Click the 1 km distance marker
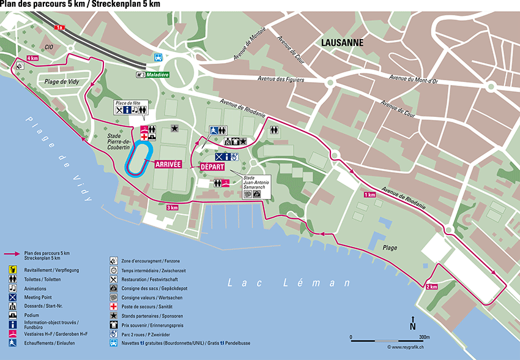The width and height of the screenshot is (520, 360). click(370, 194)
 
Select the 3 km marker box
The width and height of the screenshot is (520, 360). click(173, 208)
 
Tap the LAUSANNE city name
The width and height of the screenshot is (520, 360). click(342, 43)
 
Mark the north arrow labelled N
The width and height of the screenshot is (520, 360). click(413, 323)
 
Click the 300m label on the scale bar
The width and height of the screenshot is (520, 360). click(423, 337)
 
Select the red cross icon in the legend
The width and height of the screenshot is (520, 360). click(114, 306)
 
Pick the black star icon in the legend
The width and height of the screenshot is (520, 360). click(114, 315)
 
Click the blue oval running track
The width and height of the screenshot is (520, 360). click(139, 159)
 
